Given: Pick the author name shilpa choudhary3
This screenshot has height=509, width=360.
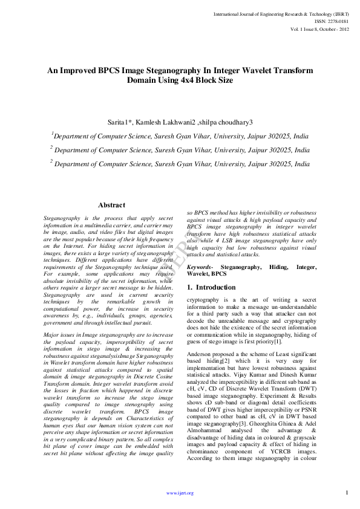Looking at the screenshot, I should [226, 122].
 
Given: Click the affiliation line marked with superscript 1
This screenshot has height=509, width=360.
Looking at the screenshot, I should [180, 137].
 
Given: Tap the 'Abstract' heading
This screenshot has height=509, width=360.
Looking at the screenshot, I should [111, 206].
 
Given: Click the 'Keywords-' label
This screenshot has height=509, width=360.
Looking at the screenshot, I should [200, 266].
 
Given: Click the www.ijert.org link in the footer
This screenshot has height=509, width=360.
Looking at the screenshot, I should [180, 493].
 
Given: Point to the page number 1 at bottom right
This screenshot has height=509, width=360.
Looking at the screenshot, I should [347, 492].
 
